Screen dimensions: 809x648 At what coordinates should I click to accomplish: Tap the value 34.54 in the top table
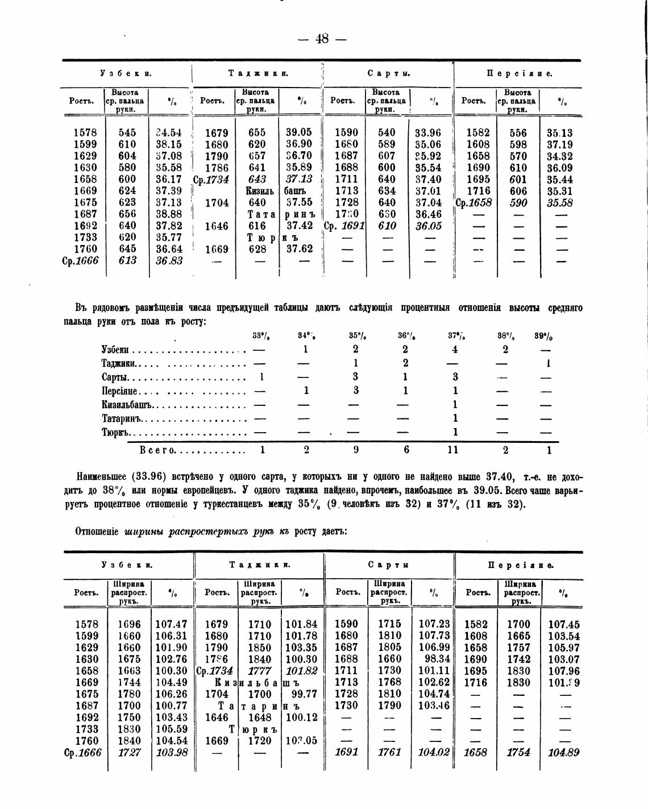(x=169, y=133)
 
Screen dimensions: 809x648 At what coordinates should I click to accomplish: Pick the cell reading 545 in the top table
(x=127, y=133)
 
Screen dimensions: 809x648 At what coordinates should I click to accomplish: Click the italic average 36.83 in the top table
(x=169, y=260)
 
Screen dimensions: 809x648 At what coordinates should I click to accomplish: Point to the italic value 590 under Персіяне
(x=518, y=203)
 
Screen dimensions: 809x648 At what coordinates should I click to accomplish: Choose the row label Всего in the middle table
(x=157, y=450)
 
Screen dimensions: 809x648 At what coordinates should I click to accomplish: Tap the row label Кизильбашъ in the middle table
(x=128, y=405)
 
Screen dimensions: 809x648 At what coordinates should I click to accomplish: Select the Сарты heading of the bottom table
(x=389, y=565)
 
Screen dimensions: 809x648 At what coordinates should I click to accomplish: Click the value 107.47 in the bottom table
(x=171, y=624)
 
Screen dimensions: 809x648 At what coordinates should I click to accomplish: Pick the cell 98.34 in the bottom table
(x=437, y=659)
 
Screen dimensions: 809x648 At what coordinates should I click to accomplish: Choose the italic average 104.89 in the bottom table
(x=563, y=753)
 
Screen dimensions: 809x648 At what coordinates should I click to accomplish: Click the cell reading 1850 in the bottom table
(x=260, y=648)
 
